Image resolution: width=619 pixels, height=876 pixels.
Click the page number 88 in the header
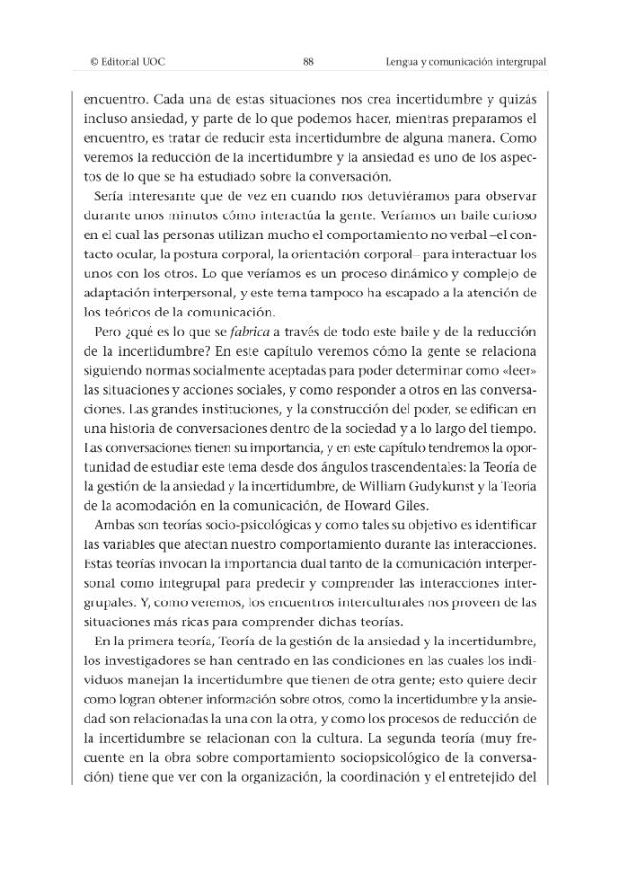click(309, 62)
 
